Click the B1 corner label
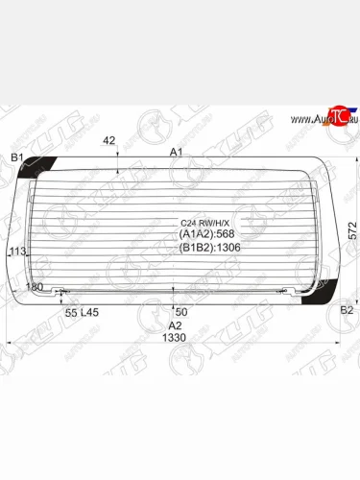(x=16, y=156)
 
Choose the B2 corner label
(x=347, y=311)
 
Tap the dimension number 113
(x=15, y=252)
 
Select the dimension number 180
(x=35, y=287)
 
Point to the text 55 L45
(x=82, y=313)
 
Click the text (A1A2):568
(x=207, y=233)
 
